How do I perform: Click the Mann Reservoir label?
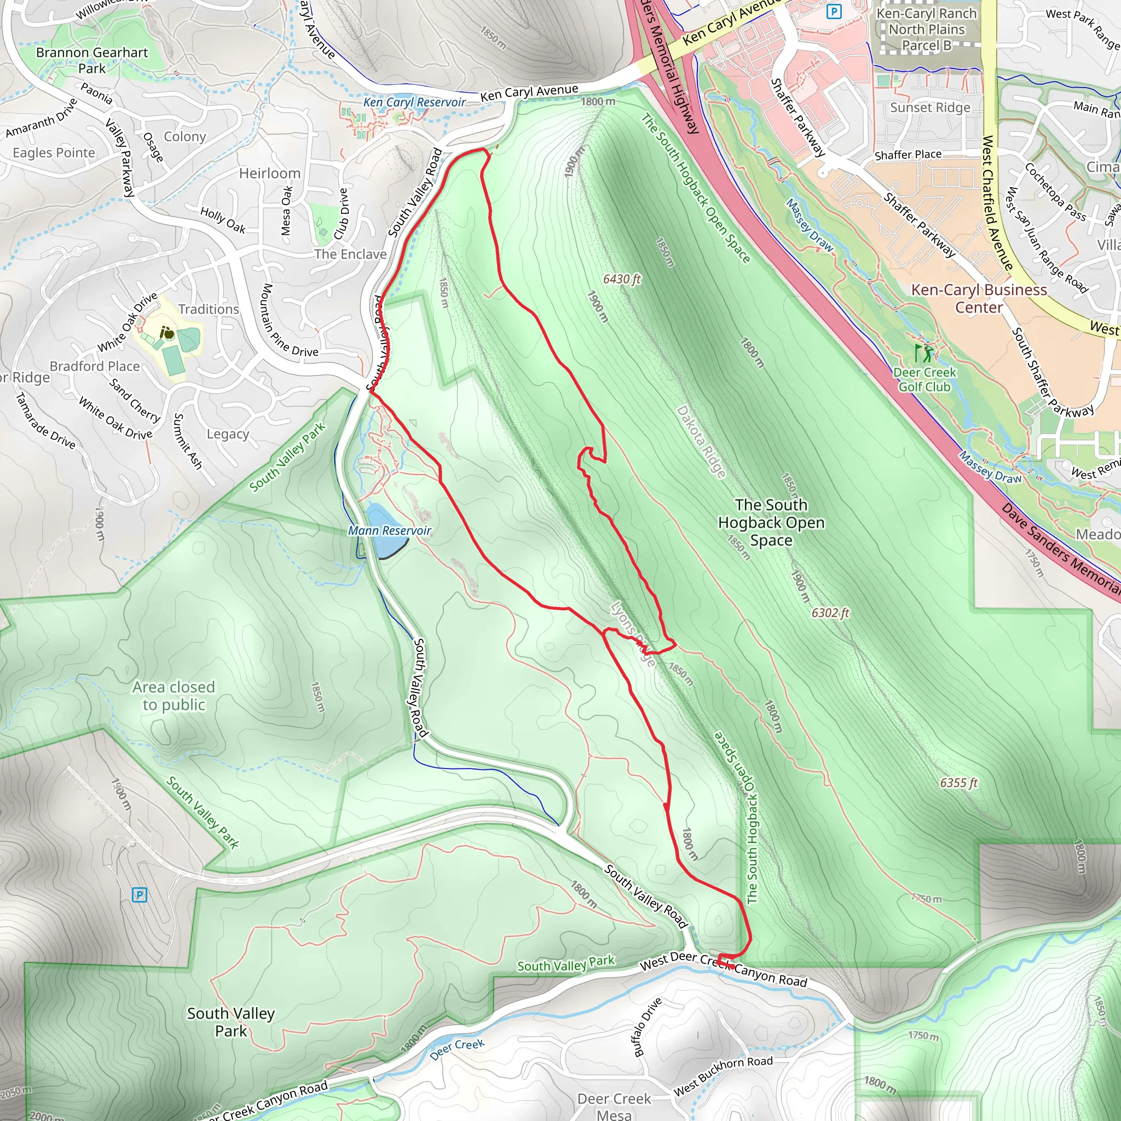389,530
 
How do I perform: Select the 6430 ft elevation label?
622,279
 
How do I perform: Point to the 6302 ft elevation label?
830,612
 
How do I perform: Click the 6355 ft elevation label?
958,783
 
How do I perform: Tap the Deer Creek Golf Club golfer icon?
924,353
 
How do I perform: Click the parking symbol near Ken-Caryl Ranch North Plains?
834,11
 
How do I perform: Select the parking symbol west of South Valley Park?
139,895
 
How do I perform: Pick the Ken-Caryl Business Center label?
979,298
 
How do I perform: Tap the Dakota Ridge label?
701,442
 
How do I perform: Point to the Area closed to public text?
174,696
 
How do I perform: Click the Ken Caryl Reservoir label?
414,102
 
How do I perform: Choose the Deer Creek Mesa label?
614,1106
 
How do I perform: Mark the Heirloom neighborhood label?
270,174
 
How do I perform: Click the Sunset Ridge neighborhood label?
930,107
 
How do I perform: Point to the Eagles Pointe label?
54,153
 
